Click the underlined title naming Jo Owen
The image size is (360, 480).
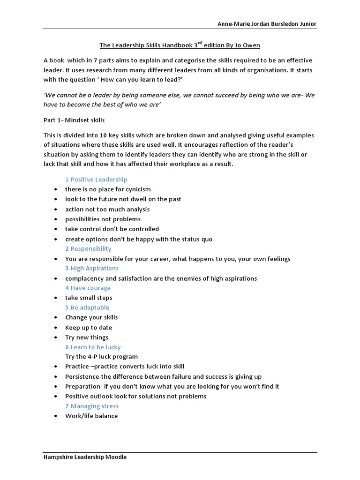(180, 45)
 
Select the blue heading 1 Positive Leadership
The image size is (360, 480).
(96, 180)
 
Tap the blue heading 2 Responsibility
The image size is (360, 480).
(88, 248)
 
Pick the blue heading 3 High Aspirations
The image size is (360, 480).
(92, 268)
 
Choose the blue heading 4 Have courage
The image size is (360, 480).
(88, 288)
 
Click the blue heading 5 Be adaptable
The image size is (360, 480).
(87, 307)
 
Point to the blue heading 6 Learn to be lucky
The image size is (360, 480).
(93, 347)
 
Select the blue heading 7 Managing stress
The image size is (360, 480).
(92, 406)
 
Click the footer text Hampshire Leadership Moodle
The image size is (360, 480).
(85, 457)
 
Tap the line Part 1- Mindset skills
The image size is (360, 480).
(74, 120)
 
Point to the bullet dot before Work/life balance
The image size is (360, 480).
(56, 416)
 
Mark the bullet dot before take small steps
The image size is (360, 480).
(56, 298)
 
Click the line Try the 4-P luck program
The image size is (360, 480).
(101, 357)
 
